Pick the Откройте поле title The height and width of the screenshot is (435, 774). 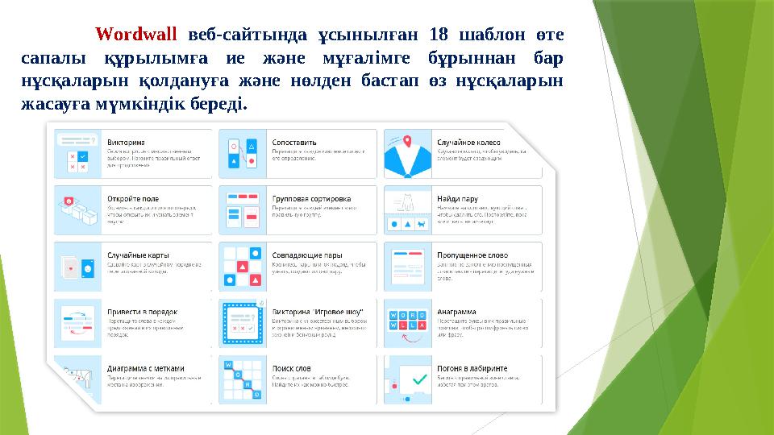coord(133,198)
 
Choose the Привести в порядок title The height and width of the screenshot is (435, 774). coord(142,311)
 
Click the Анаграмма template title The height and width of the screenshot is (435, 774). coord(456,311)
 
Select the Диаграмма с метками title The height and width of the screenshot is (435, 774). coord(151,368)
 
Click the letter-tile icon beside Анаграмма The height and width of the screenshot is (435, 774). coord(408,322)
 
